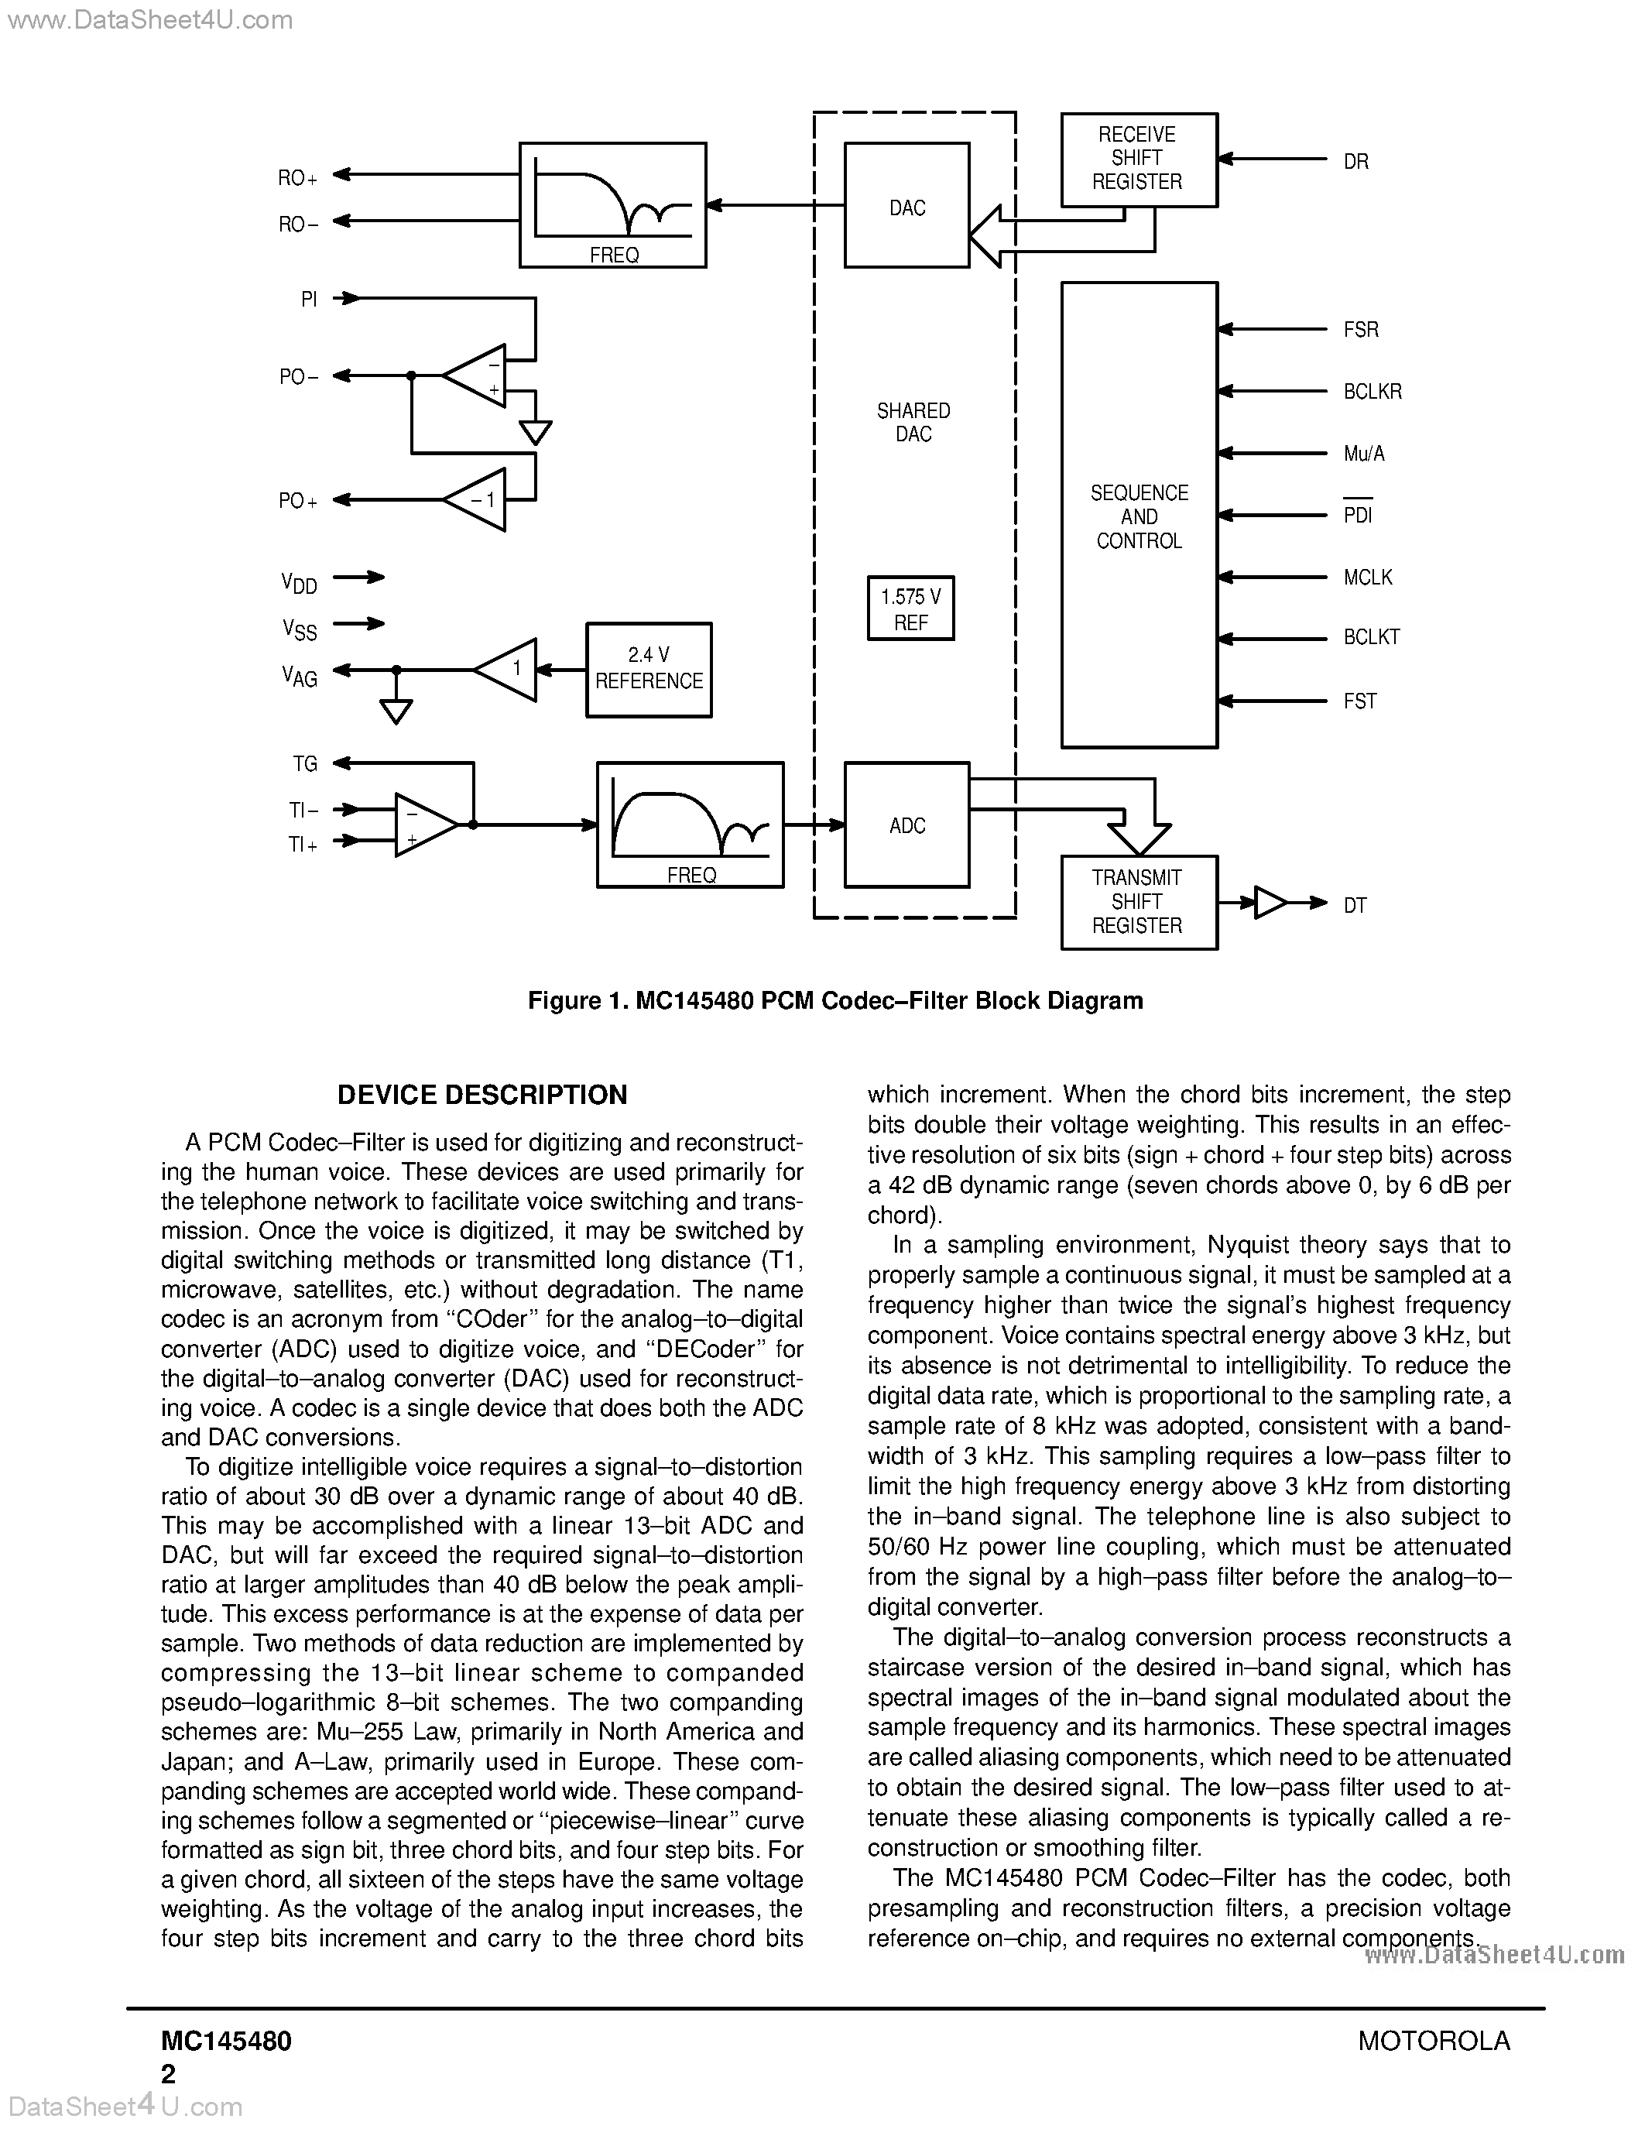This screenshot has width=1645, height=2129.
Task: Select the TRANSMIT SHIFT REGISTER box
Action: point(1138,902)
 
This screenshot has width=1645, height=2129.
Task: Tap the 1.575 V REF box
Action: point(910,609)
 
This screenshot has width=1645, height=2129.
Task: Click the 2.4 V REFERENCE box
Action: point(648,670)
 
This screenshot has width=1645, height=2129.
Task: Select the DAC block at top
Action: point(906,206)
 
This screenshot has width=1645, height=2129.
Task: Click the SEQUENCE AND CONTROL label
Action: point(1138,516)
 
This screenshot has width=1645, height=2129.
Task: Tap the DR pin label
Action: point(1355,162)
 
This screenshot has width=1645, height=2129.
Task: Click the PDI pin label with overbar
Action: point(1358,514)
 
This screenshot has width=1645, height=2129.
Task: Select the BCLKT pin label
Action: point(1371,637)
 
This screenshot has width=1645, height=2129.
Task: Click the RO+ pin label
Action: point(297,178)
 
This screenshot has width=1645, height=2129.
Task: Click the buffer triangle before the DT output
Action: point(1268,903)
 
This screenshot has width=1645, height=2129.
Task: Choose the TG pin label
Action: point(305,764)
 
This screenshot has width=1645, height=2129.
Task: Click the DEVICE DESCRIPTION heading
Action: point(482,1095)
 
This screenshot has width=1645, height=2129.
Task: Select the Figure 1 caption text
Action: point(834,1001)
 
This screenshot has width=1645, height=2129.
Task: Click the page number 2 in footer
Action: point(168,2074)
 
